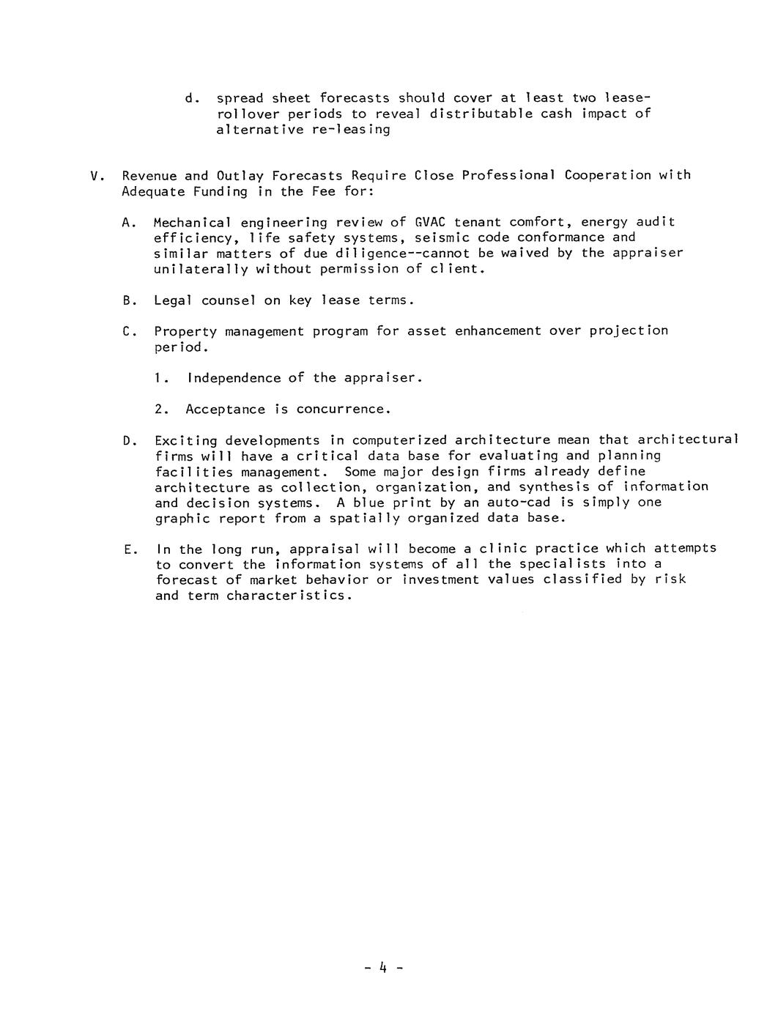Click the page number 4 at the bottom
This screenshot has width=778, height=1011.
click(382, 968)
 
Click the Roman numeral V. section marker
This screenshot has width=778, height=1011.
click(95, 176)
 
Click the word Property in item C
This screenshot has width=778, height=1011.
click(185, 331)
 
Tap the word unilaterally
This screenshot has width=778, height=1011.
click(193, 269)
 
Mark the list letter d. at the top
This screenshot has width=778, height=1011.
click(193, 98)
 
